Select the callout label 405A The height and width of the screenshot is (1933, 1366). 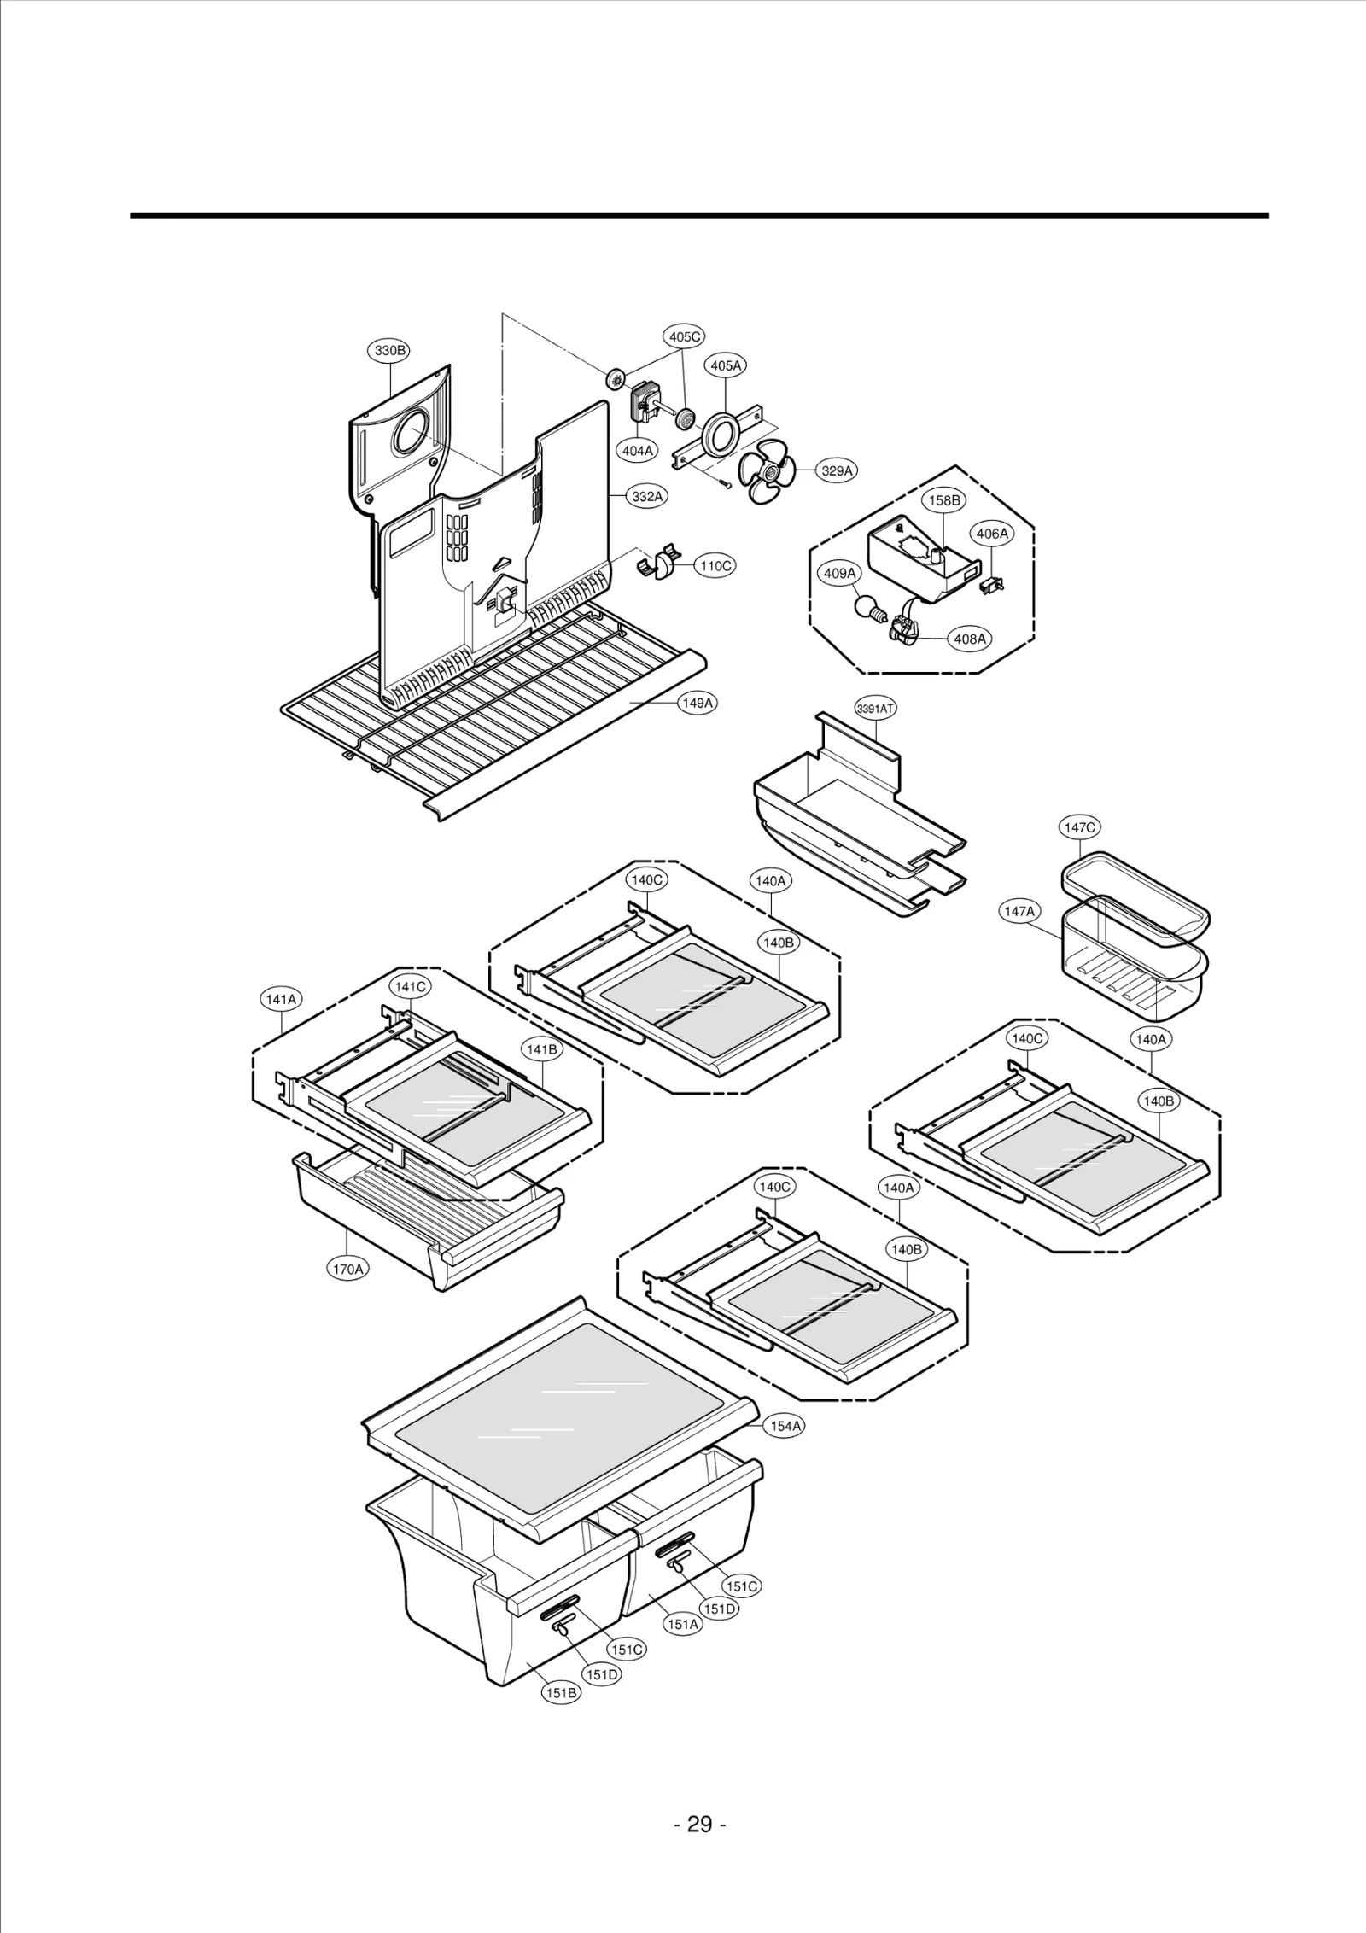(x=726, y=365)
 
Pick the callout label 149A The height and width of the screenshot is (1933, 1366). (x=697, y=703)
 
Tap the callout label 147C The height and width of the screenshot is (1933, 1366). (x=1080, y=827)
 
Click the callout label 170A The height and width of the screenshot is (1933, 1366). (x=347, y=1293)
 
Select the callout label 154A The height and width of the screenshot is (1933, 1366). (x=785, y=1426)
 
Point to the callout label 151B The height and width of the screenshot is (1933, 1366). (x=561, y=1693)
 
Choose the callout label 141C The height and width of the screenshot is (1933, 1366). (x=410, y=986)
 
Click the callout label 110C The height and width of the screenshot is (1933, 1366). (x=715, y=565)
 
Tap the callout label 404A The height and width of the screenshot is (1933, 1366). (x=637, y=451)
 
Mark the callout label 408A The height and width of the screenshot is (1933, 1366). (x=970, y=639)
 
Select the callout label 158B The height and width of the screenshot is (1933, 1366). (x=944, y=501)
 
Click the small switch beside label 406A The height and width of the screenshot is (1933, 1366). (x=993, y=585)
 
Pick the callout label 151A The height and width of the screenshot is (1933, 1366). (x=683, y=1625)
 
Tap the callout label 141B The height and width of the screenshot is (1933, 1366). (x=542, y=1050)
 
